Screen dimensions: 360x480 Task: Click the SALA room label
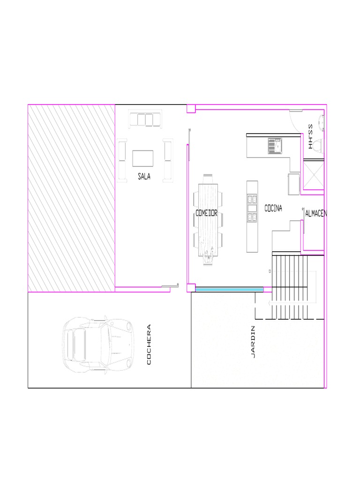(x=144, y=176)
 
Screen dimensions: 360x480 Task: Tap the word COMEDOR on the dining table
(x=206, y=213)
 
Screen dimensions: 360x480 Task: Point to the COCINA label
(x=273, y=208)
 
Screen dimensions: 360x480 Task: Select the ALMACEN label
(x=316, y=213)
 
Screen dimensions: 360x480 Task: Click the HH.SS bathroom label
(x=310, y=136)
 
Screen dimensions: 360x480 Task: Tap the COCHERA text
(x=149, y=345)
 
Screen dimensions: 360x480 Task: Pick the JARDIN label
(x=253, y=342)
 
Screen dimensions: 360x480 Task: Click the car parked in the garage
(x=98, y=345)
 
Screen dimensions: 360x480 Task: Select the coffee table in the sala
(x=142, y=158)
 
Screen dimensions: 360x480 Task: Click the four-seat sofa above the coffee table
(x=145, y=119)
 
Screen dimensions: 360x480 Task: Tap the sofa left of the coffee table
(x=122, y=160)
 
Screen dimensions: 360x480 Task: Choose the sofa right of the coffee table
(x=168, y=160)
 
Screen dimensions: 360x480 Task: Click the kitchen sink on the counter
(x=275, y=146)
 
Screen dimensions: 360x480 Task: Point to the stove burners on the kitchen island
(x=252, y=208)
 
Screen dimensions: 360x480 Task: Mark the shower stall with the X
(x=314, y=175)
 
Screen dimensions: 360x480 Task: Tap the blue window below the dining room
(x=229, y=289)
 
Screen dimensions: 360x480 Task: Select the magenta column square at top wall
(x=191, y=109)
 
